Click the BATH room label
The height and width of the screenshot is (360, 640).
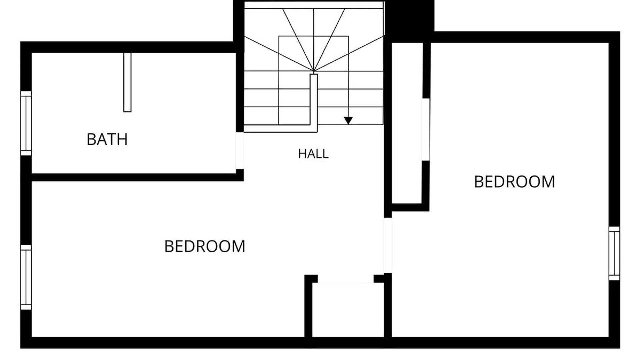[x=107, y=139]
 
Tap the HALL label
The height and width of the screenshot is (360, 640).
[x=313, y=154]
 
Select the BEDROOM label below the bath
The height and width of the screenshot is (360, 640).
[x=205, y=246]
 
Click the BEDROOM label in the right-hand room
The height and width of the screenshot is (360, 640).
[x=514, y=182]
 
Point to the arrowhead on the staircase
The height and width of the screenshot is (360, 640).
[x=348, y=121]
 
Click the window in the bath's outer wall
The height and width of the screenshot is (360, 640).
[x=26, y=123]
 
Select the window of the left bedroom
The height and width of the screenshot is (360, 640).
[x=26, y=277]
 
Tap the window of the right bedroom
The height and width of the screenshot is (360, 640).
[x=614, y=253]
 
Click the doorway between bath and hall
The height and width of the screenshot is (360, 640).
[x=240, y=151]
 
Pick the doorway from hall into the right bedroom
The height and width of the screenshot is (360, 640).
[x=388, y=245]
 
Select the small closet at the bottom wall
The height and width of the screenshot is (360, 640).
[x=348, y=310]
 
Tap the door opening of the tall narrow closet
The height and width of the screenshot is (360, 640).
[x=426, y=129]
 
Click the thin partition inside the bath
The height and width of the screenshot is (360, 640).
[x=127, y=82]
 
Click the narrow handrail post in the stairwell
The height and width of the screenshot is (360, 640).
[x=314, y=100]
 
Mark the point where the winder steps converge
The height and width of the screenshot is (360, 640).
[x=314, y=71]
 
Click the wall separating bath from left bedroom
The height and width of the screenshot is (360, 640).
[x=137, y=177]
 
